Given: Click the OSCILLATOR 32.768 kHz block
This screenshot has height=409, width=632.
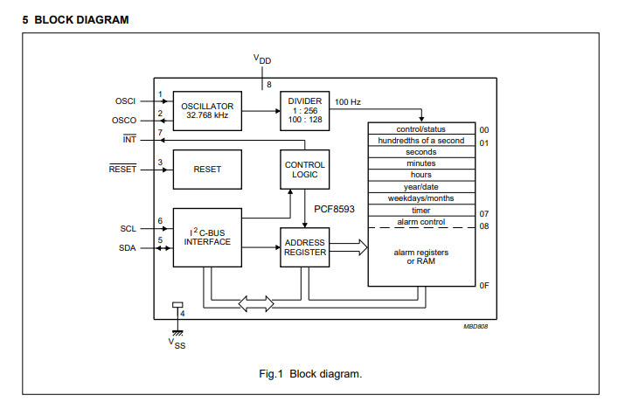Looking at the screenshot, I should click(x=207, y=111).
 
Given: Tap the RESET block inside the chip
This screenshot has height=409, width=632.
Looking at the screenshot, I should click(x=207, y=169).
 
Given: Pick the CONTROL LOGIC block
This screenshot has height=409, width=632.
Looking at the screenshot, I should click(x=305, y=170).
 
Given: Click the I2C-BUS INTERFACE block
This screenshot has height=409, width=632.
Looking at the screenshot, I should click(x=207, y=237).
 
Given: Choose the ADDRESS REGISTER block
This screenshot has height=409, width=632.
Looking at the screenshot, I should click(x=304, y=247).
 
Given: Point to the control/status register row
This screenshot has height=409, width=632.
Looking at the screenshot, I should click(x=421, y=128).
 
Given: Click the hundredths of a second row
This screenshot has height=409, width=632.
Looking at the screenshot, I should click(x=421, y=141).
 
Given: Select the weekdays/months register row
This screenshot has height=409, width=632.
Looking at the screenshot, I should click(x=421, y=198).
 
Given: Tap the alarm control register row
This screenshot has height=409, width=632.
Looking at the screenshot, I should click(x=421, y=222).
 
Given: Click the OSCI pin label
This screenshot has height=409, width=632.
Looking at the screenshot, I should click(x=125, y=101).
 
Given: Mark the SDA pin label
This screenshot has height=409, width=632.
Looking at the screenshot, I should click(x=128, y=247).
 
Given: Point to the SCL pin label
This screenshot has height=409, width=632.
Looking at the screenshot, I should click(x=128, y=228).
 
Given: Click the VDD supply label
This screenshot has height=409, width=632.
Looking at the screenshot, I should click(x=261, y=59).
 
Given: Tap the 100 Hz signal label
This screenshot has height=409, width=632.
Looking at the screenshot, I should click(x=348, y=102).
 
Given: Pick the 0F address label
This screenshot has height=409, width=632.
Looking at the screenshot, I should click(x=483, y=285).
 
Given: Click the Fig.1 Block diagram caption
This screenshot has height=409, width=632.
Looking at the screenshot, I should click(x=310, y=374).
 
